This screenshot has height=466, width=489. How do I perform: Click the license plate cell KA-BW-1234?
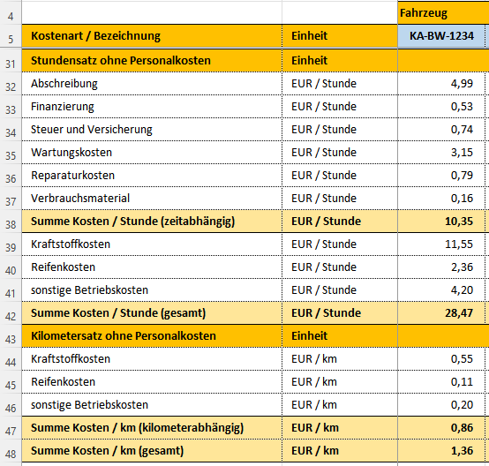[441, 36]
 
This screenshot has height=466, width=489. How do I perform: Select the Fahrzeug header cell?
[424, 13]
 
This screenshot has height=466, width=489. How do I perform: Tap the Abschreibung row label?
[64, 84]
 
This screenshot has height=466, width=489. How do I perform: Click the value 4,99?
[462, 84]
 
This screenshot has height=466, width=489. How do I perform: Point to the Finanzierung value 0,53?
[462, 107]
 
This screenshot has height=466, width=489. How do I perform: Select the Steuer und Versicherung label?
[92, 130]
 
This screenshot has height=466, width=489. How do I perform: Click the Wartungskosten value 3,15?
[462, 153]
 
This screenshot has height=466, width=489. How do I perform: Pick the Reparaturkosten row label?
[72, 176]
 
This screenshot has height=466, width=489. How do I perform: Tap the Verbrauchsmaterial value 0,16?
[462, 199]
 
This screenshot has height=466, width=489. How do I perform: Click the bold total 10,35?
[459, 222]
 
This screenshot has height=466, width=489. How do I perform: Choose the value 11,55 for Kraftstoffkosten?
[459, 244]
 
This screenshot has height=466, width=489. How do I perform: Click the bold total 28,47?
[459, 312]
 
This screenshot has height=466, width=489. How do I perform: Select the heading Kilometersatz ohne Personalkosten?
[124, 336]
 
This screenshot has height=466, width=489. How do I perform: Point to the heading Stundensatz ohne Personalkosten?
[121, 61]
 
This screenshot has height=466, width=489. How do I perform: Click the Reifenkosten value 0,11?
[462, 382]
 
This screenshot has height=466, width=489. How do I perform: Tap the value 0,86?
[462, 428]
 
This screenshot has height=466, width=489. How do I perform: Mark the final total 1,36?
[462, 451]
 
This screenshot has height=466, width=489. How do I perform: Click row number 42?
[11, 317]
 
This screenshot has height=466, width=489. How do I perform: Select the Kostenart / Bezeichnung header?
[95, 36]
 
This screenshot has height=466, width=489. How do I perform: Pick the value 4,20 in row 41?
[462, 290]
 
